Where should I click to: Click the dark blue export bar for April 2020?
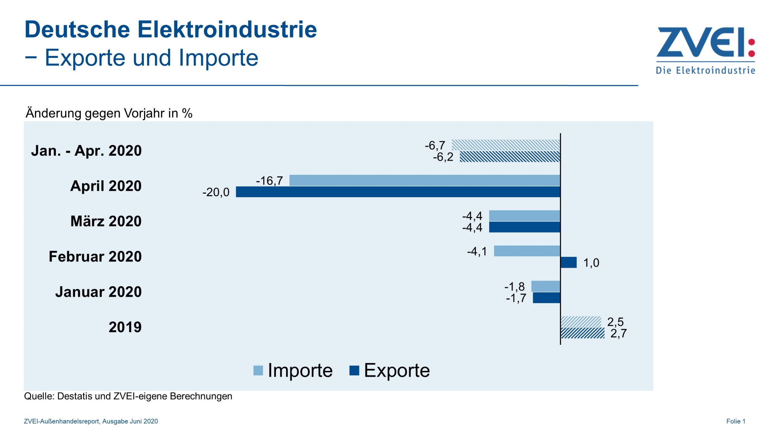tap(398, 192)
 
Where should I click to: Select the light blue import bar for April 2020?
tap(425, 180)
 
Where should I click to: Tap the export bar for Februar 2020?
tap(568, 263)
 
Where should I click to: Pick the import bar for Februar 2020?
tap(527, 251)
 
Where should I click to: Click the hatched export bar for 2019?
tap(583, 333)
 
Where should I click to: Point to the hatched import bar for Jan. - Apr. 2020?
tap(506, 145)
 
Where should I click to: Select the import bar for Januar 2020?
tap(546, 286)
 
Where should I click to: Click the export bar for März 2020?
tap(525, 227)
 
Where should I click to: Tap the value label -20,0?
tap(216, 192)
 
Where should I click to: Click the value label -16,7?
tap(270, 181)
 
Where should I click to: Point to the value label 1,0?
tap(591, 263)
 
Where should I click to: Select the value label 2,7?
tap(619, 333)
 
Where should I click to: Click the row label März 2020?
tap(106, 221)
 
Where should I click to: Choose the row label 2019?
tap(125, 327)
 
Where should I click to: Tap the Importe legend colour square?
tap(258, 370)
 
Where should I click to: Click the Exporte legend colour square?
tap(354, 370)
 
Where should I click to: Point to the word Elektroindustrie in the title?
tap(227, 30)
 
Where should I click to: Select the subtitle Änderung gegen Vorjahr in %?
tap(109, 113)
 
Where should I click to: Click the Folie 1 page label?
tap(736, 421)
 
